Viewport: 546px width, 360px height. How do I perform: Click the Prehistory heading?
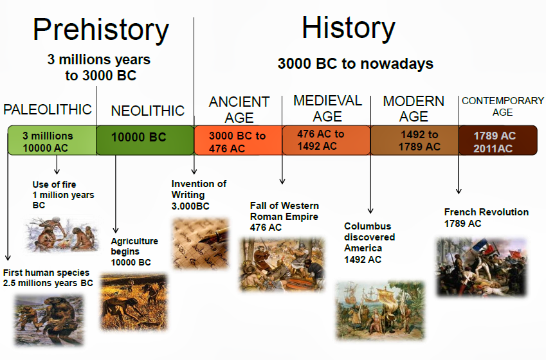coord(101,30)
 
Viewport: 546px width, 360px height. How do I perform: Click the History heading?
coord(349,28)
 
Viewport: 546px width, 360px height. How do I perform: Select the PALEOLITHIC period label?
coord(48,109)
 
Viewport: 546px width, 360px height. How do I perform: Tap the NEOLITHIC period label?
coord(147,111)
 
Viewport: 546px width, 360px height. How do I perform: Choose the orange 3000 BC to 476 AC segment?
coord(238,141)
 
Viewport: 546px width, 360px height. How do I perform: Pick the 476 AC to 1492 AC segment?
coord(326,139)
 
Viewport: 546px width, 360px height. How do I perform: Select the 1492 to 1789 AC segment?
coord(414,140)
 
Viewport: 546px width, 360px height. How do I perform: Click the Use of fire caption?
coord(63,195)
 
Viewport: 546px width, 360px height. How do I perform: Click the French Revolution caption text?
coord(486,217)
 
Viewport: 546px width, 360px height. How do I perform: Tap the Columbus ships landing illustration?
coord(380,309)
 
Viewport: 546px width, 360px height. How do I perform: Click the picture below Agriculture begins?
coord(134,301)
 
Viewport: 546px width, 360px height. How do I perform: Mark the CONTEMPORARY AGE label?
coord(502,106)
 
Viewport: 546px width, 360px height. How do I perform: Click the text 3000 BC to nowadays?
coord(355,64)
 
